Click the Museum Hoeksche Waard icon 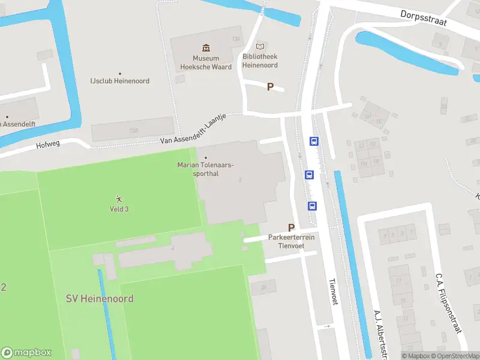coord(206,48)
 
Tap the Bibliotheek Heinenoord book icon coord(260,46)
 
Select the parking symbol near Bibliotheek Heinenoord coord(270,87)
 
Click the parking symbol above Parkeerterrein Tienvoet coord(292,227)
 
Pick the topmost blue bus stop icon coord(314,142)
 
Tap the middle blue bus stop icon coord(309,175)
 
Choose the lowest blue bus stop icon coord(313,206)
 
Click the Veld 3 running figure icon coord(119,199)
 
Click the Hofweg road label coord(49,145)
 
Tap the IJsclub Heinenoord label coord(119,81)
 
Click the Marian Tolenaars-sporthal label coord(206,169)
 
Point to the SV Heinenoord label coord(99,298)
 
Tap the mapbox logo coord(26,353)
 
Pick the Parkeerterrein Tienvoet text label coord(292,241)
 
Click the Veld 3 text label coord(119,209)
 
